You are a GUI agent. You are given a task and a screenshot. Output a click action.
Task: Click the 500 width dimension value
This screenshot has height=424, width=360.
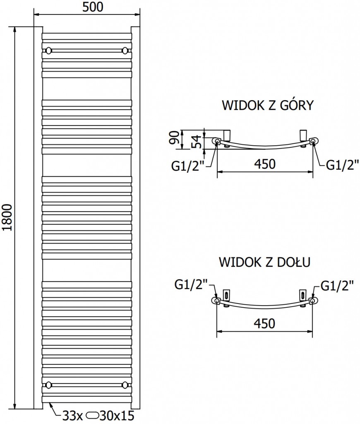[x=86, y=6]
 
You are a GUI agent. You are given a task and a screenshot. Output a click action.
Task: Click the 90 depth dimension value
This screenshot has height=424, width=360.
[x=175, y=137]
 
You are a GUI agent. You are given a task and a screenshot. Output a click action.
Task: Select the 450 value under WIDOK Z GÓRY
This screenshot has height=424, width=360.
[x=264, y=164]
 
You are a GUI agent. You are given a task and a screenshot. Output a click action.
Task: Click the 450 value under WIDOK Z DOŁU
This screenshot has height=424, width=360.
[x=264, y=323]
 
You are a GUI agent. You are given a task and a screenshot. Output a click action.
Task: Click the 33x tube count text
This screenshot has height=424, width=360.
[x=71, y=414]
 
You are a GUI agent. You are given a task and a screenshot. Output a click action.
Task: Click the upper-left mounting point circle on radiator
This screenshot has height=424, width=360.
[x=49, y=51]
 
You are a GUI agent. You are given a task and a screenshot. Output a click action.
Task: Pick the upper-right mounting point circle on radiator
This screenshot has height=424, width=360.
[x=125, y=51]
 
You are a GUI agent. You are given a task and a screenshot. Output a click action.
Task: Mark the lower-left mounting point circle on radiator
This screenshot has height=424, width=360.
[x=49, y=385]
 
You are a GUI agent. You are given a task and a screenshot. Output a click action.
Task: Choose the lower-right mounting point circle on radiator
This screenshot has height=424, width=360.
[x=125, y=385]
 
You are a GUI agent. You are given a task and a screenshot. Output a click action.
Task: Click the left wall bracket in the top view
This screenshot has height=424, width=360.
[x=227, y=135]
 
